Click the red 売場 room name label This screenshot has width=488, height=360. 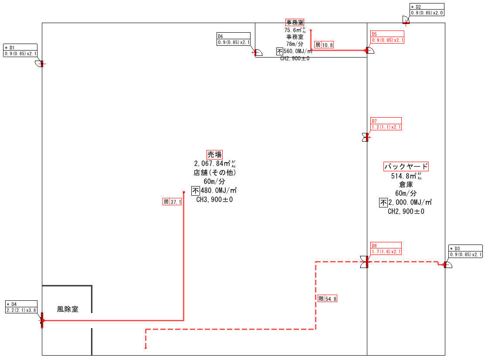click(214, 154)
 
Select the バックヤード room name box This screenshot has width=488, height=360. click(406, 166)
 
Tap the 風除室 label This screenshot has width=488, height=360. click(68, 309)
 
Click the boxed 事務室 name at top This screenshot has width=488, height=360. click(295, 22)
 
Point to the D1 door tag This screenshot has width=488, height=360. click(20, 51)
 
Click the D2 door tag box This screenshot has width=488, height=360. click(427, 10)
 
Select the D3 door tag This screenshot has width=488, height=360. click(466, 251)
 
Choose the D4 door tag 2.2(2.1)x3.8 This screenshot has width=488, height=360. click(21, 307)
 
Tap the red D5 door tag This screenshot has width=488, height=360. click(387, 37)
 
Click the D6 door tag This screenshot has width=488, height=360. click(234, 39)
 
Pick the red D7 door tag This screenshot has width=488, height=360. click(386, 124)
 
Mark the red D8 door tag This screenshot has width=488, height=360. click(386, 249)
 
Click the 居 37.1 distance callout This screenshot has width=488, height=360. click(172, 202)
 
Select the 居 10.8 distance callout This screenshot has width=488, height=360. click(324, 44)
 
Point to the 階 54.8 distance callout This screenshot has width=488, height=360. click(328, 299)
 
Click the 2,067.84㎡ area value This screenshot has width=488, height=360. click(213, 164)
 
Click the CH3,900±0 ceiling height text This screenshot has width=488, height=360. click(214, 200)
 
